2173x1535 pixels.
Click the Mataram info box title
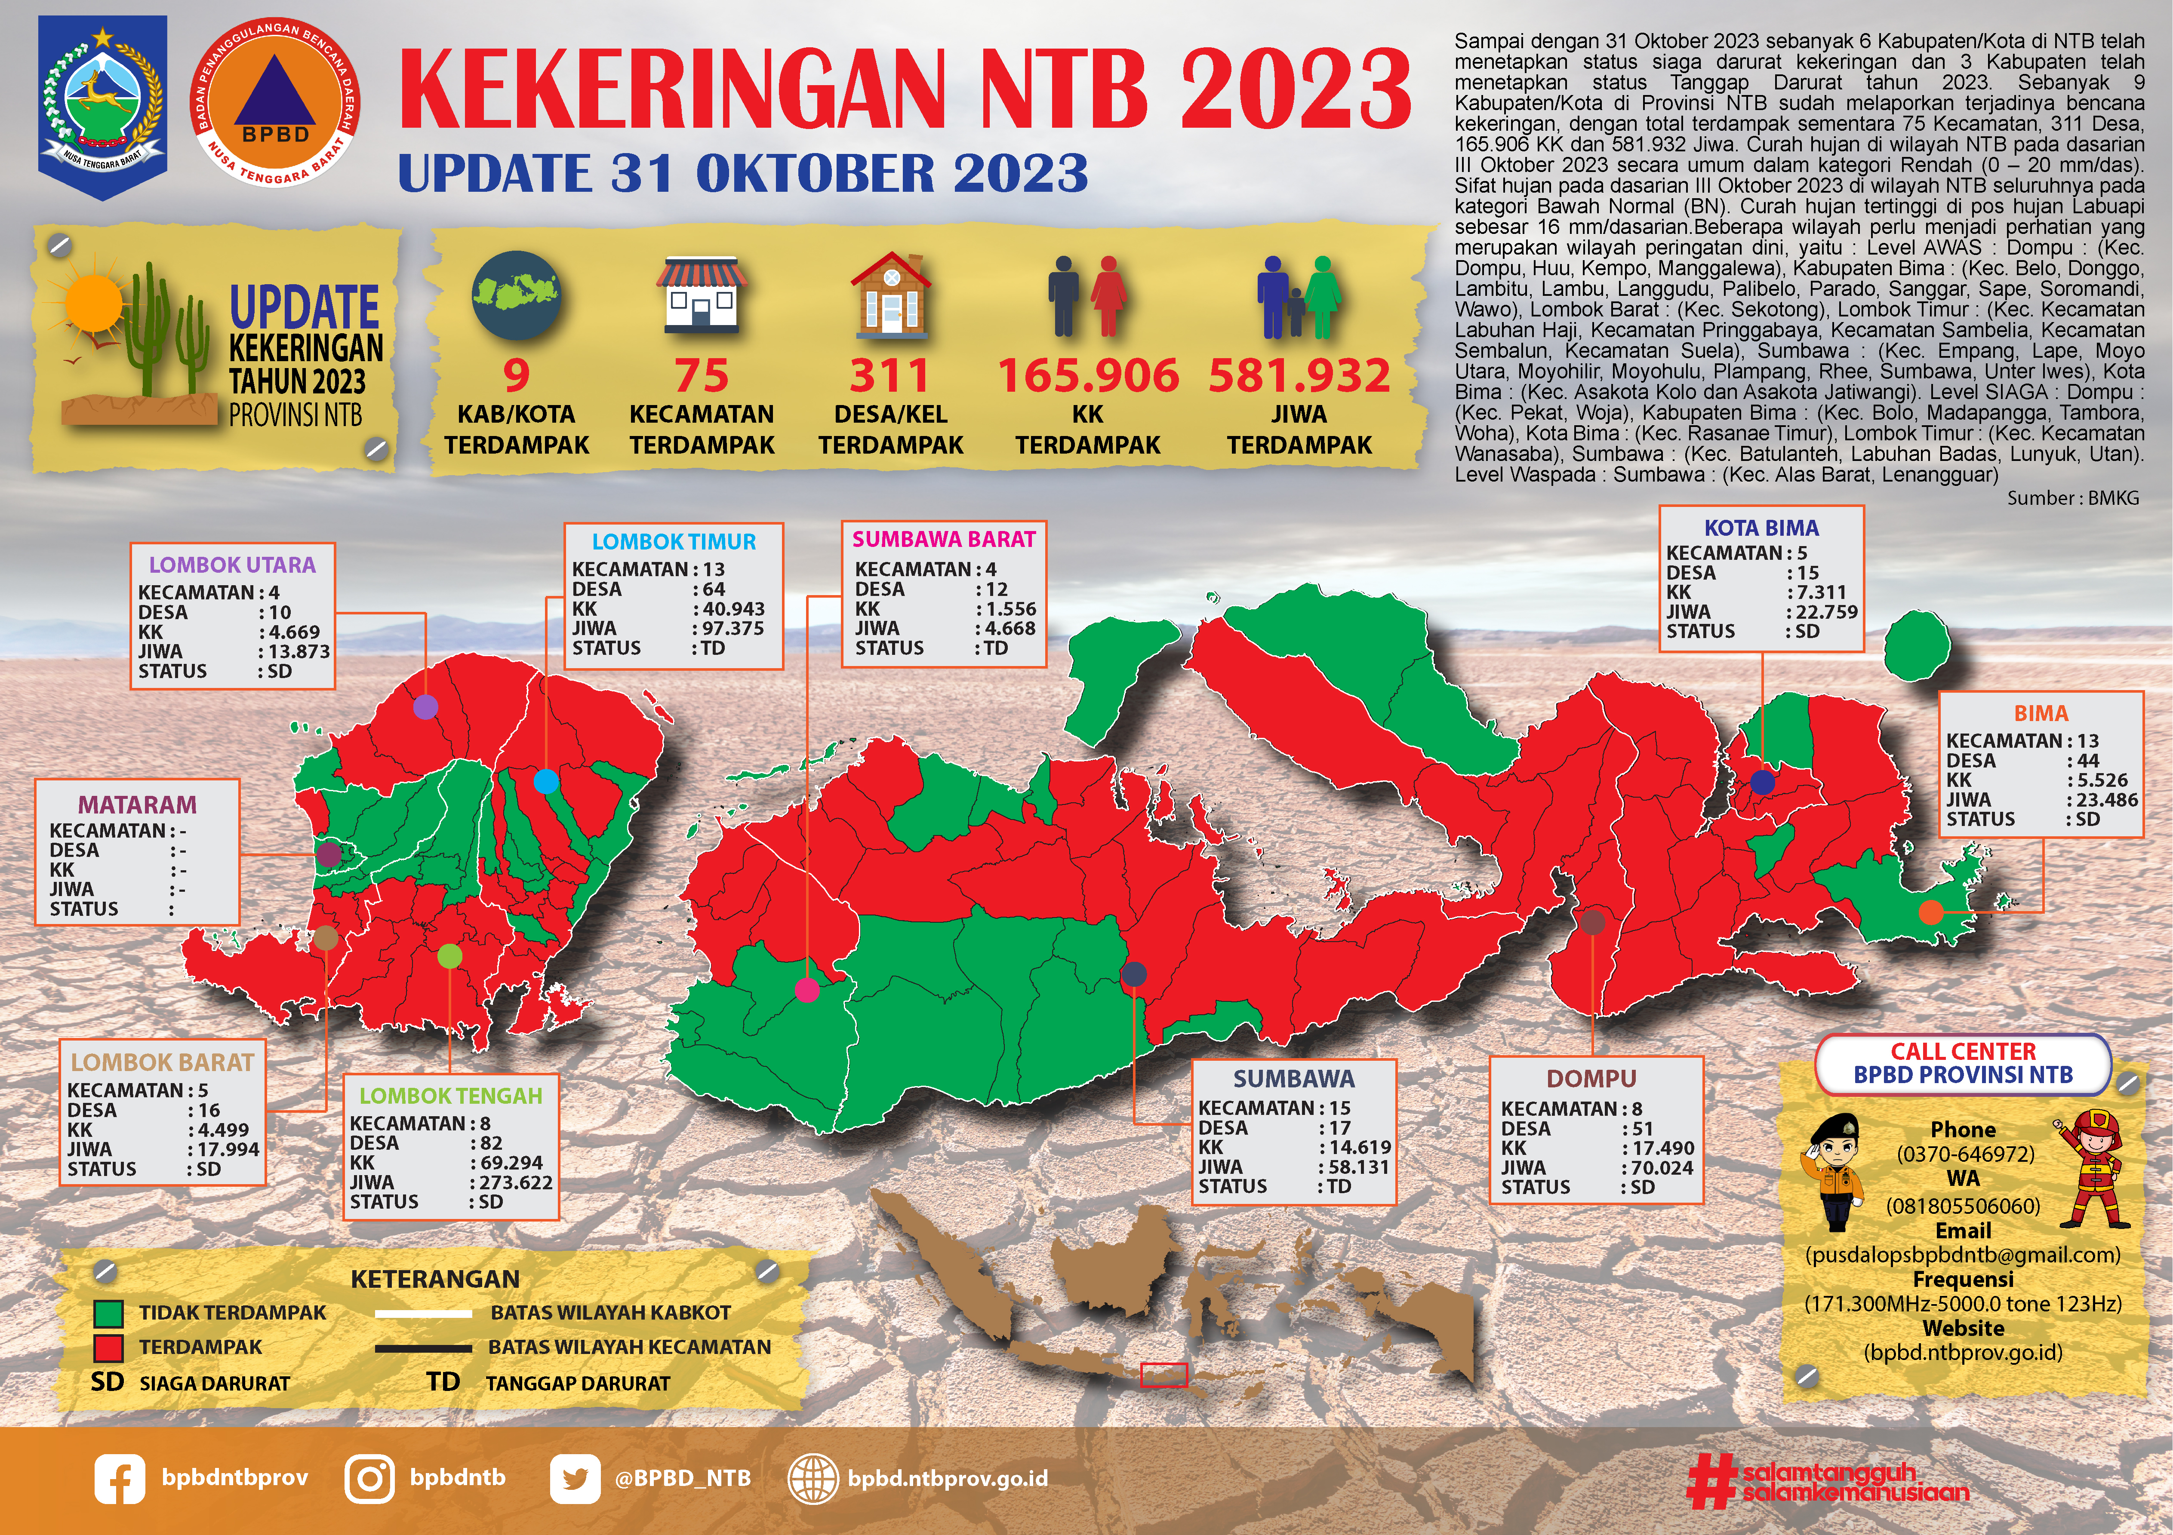(137, 804)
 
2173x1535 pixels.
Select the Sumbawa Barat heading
(944, 540)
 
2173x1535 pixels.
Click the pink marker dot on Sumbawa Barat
(807, 990)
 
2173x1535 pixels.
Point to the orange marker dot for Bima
(1931, 912)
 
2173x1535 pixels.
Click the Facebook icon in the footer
(119, 1479)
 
